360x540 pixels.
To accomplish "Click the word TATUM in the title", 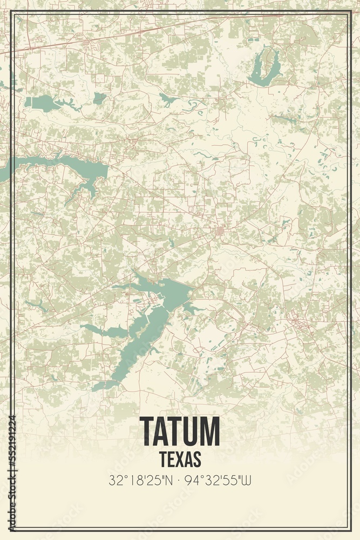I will tap(180, 431).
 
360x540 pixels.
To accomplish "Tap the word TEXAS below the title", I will tap(180, 458).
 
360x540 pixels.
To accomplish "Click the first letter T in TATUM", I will tap(148, 431).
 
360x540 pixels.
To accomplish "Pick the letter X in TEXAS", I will tap(180, 458).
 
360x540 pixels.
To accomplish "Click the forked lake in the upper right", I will tap(264, 67).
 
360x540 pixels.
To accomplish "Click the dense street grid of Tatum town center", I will tap(221, 232).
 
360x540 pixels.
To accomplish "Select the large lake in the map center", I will tap(162, 302).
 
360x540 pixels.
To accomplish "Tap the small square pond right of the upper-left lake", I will tap(99, 98).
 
